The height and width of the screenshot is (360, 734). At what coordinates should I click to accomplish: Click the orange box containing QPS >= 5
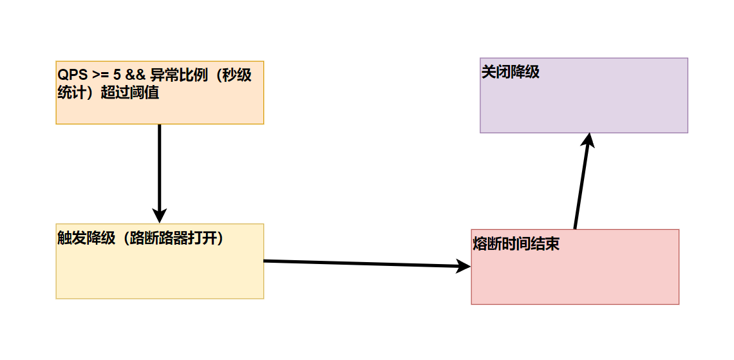point(160,106)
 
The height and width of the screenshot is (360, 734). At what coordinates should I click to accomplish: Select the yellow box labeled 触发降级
point(160,270)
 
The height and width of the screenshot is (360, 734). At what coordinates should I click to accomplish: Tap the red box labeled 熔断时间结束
point(575,277)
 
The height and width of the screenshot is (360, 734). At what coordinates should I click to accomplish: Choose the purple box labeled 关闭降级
point(584,103)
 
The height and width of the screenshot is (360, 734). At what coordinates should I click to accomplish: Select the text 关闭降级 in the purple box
point(511,71)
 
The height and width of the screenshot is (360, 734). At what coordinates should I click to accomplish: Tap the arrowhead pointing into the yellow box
point(159,216)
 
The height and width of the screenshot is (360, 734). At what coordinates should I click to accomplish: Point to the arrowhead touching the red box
point(464,266)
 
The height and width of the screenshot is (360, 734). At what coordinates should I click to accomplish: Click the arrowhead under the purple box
point(588,140)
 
